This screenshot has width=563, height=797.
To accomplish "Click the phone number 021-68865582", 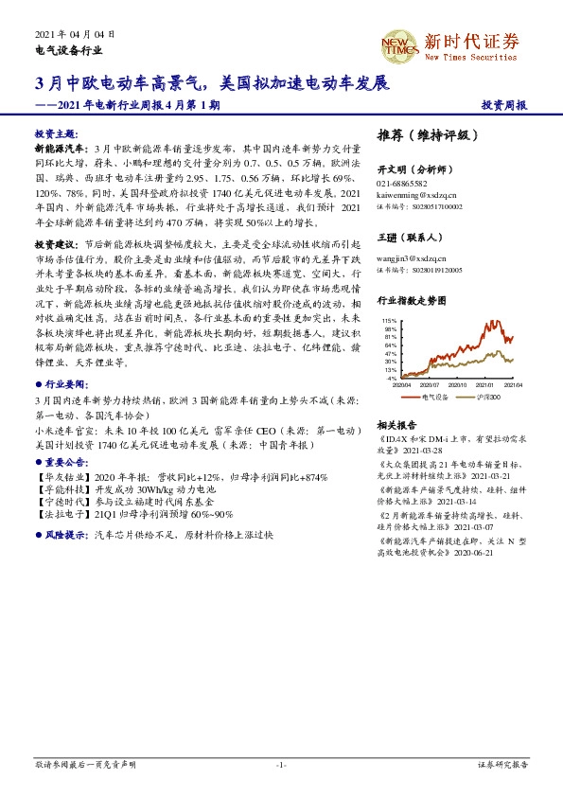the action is pyautogui.click(x=402, y=183).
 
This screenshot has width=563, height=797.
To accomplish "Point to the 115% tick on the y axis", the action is pyautogui.click(x=389, y=321).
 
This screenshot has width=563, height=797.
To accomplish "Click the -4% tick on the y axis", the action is pyautogui.click(x=392, y=378).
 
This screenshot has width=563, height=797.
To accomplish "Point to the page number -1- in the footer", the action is pyautogui.click(x=281, y=764).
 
